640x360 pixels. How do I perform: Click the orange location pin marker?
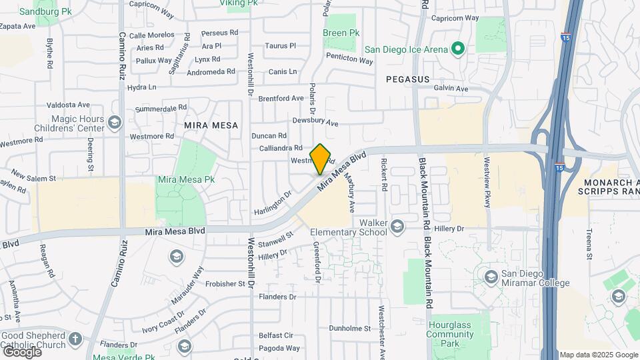[321, 159]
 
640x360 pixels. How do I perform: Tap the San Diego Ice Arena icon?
[457, 49]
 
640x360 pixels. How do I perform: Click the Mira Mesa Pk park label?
[186, 180]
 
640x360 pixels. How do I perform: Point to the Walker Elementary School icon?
[398, 227]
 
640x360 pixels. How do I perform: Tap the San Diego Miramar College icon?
[491, 277]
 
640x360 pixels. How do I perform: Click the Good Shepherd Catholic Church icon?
[75, 339]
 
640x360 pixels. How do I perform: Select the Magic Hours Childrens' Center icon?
[114, 123]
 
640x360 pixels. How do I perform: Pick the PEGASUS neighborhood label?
[407, 79]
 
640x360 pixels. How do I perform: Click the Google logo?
[21, 351]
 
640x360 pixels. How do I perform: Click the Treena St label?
[589, 243]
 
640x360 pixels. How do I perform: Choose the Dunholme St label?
[349, 328]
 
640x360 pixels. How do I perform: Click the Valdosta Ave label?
[68, 105]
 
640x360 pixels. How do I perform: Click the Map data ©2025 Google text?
[598, 355]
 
